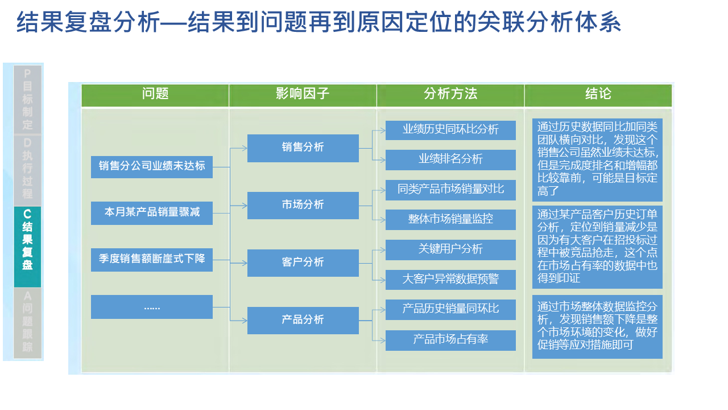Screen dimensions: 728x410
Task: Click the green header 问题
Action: tap(155, 95)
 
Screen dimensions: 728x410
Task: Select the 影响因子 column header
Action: tap(303, 95)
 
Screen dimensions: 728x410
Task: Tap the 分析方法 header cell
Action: tap(450, 95)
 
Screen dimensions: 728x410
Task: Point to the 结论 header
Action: tap(598, 95)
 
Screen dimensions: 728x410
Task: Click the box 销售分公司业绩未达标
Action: tap(152, 167)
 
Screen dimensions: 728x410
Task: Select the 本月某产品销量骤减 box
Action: tap(152, 213)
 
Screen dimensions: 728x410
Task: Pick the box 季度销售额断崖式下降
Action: tap(152, 260)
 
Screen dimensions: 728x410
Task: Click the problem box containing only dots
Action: tap(152, 307)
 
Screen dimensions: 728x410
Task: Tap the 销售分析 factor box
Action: tap(303, 148)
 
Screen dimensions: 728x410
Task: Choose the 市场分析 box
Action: tap(303, 206)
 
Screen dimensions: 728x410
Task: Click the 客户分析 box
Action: tap(303, 263)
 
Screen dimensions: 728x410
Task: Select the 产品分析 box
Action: tap(303, 321)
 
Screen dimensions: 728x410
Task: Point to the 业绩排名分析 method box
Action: tap(450, 160)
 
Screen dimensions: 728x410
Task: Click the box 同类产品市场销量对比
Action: tap(450, 190)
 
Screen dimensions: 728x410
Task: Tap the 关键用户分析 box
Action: tap(450, 250)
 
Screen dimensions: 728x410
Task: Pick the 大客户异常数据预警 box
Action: tap(450, 280)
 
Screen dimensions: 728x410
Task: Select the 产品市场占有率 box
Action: tap(450, 341)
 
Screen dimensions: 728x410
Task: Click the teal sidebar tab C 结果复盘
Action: tap(28, 247)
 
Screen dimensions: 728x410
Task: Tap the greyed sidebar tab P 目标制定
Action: tap(28, 99)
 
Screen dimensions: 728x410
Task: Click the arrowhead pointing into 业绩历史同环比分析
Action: tap(383, 130)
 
